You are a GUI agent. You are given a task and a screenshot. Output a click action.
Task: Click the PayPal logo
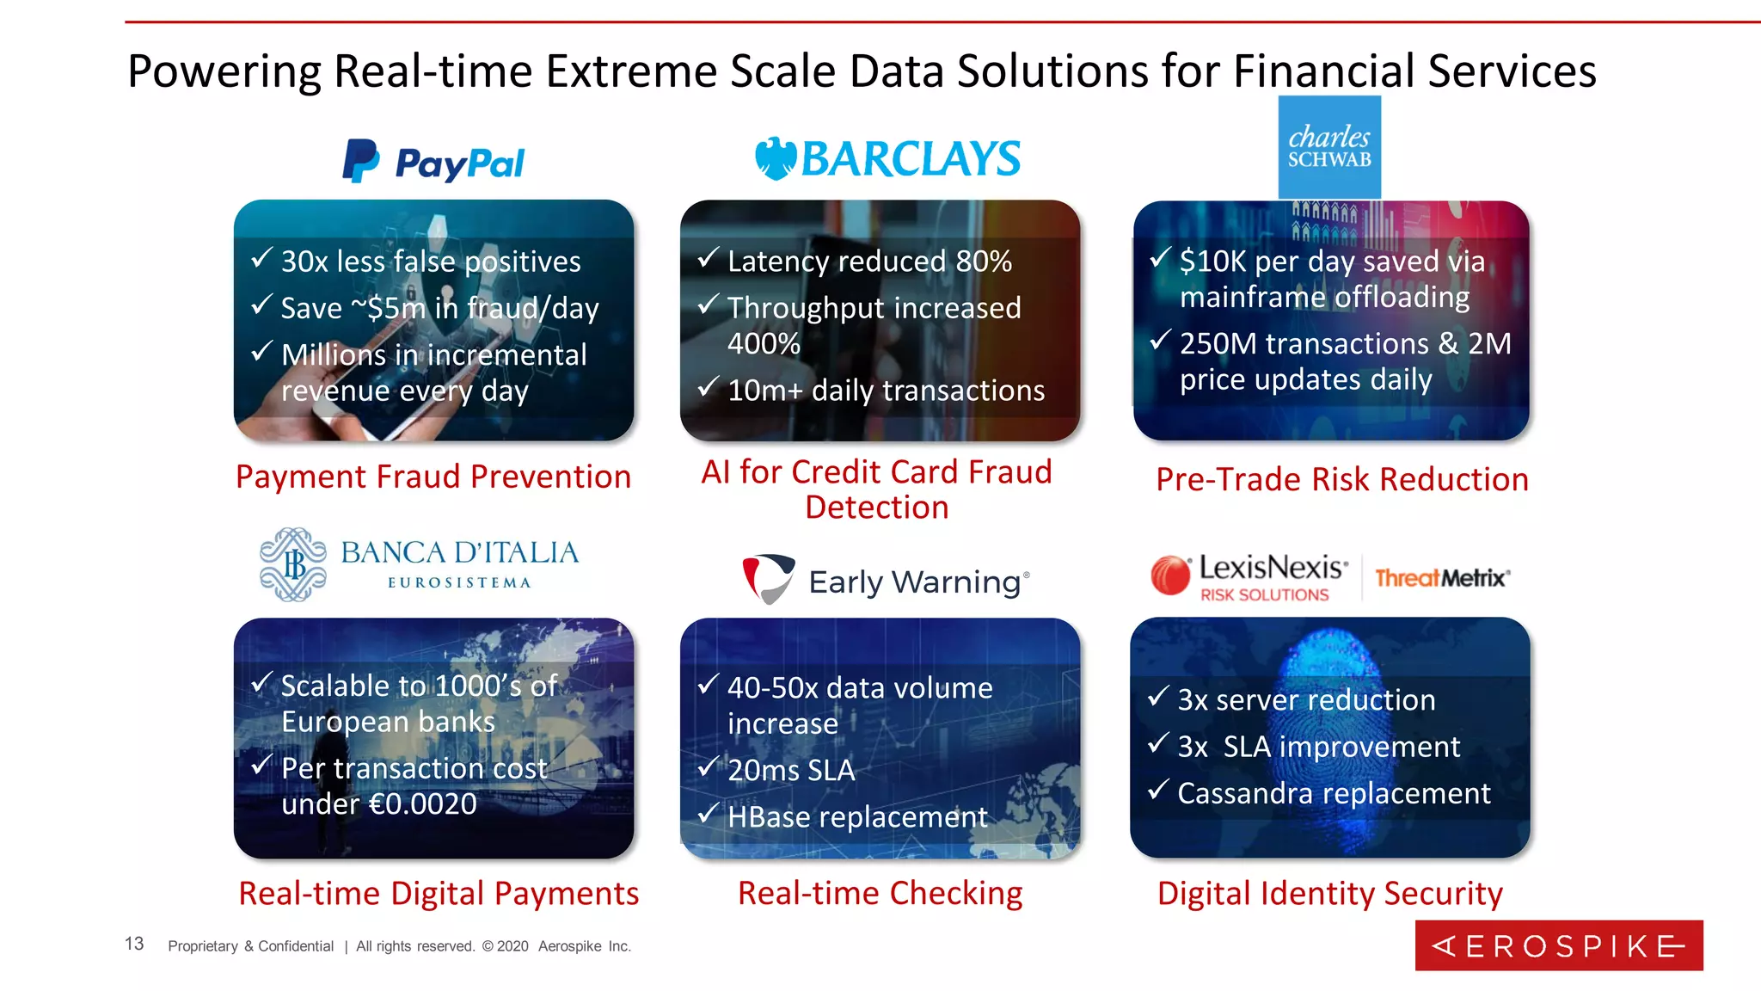(433, 162)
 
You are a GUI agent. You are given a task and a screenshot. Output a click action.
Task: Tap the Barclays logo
(887, 159)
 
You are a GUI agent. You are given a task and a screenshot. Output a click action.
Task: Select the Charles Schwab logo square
(1329, 147)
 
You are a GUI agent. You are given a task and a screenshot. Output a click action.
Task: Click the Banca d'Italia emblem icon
(293, 564)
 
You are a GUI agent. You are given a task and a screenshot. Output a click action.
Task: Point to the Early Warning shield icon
(768, 578)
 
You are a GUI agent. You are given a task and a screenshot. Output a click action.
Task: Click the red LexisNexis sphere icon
(1170, 576)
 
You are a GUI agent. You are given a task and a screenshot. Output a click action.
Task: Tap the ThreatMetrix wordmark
(1442, 578)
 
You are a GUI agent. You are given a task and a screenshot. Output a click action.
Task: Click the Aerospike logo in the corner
(1558, 945)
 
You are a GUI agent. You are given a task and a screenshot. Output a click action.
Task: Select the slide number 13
(134, 944)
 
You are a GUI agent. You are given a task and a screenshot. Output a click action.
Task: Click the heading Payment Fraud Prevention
(433, 477)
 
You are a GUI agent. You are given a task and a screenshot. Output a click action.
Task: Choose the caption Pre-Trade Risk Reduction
(1341, 479)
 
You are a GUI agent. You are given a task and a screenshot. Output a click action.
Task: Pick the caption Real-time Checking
(880, 893)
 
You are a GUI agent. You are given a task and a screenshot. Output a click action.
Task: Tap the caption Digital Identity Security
(1329, 893)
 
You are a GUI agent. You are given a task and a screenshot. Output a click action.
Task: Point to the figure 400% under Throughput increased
(764, 343)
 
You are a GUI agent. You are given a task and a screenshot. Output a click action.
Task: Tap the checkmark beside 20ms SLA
(708, 766)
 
